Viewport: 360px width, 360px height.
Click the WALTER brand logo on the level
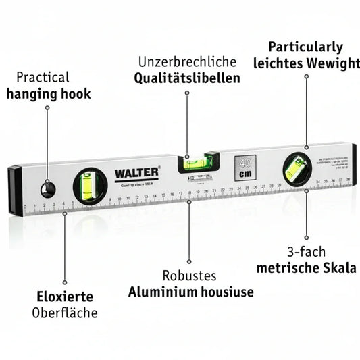[x=136, y=172]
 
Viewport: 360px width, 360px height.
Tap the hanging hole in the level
[x=47, y=190]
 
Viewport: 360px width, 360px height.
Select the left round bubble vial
[x=90, y=184]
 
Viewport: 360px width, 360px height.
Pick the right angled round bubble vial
[x=297, y=170]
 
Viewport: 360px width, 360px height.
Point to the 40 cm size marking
[x=245, y=168]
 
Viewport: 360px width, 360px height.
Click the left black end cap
[x=15, y=190]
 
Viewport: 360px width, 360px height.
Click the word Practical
[x=43, y=78]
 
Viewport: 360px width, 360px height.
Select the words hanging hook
[x=49, y=94]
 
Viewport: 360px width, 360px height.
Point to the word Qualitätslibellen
[x=187, y=78]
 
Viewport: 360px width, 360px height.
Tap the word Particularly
[x=305, y=47]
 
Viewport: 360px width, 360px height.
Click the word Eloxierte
[x=65, y=297]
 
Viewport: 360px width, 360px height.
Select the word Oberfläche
[x=65, y=313]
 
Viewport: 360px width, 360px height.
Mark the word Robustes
[x=189, y=276]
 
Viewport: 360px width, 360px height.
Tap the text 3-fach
[x=306, y=251]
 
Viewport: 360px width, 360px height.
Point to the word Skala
[x=340, y=268]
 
